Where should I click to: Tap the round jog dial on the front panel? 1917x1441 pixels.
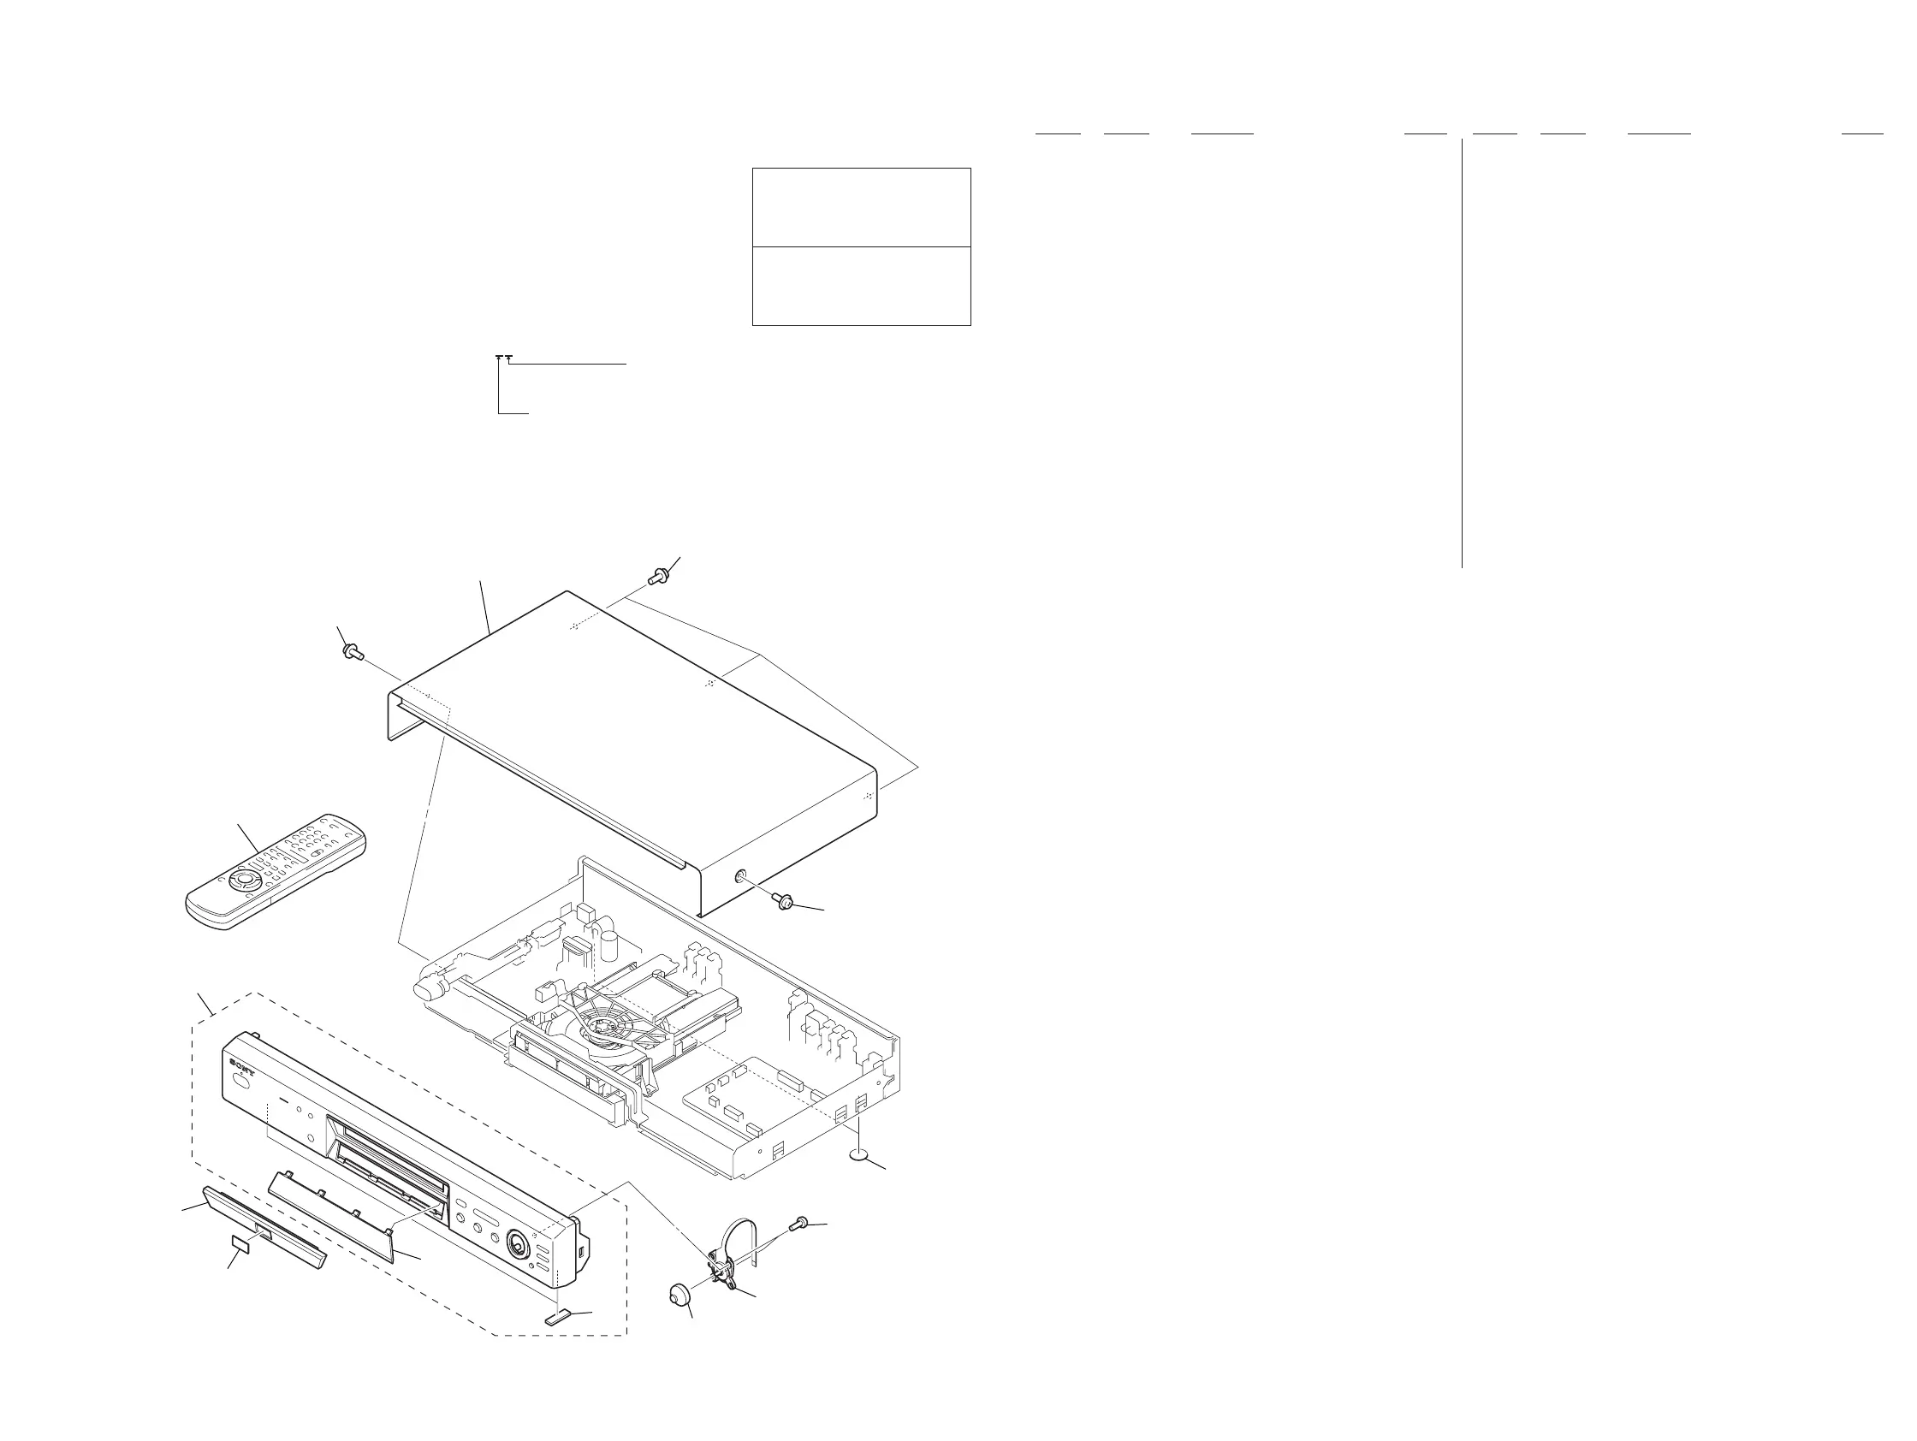[x=518, y=1246]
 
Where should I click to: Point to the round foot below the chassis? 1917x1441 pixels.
[x=859, y=1154]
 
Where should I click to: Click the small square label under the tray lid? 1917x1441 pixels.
[x=240, y=1247]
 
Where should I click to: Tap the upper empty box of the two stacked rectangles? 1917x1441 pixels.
[x=861, y=207]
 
